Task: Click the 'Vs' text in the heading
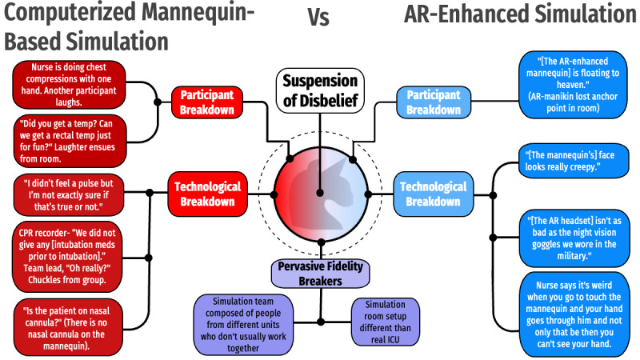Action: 318,17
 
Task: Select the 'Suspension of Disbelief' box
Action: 320,90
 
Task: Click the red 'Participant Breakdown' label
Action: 206,102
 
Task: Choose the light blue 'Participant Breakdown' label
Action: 434,102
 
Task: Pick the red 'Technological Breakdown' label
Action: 206,193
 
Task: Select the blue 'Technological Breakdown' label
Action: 433,193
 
